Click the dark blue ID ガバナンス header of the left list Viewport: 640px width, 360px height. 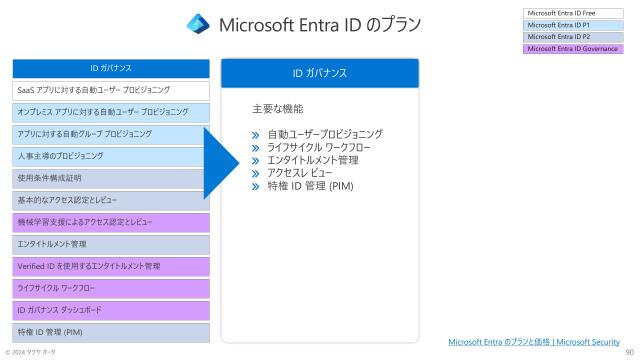[111, 68]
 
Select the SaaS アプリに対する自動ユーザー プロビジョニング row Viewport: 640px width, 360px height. [111, 90]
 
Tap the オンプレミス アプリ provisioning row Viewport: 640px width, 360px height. [111, 112]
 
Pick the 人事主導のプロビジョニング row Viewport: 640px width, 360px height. [111, 156]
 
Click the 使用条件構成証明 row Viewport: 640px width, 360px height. [111, 178]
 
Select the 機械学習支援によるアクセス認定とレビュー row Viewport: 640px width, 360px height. [111, 222]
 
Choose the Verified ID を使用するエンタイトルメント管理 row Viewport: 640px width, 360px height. [111, 266]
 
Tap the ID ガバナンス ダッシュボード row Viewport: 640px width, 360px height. [111, 310]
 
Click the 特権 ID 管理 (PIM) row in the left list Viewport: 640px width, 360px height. [111, 332]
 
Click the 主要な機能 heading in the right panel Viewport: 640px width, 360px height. [277, 108]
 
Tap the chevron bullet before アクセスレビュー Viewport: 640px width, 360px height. [257, 173]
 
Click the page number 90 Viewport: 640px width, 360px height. [629, 352]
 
